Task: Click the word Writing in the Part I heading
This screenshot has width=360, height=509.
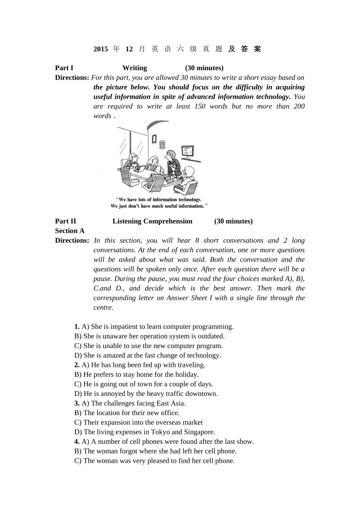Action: click(x=135, y=68)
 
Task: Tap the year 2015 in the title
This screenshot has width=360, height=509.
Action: click(x=100, y=49)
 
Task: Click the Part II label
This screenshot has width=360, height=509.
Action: click(x=66, y=222)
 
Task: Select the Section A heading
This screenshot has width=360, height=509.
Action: click(x=70, y=231)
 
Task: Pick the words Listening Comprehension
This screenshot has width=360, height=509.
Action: click(x=152, y=222)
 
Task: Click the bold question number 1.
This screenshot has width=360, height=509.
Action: click(x=77, y=327)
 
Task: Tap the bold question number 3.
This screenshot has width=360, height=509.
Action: click(x=77, y=403)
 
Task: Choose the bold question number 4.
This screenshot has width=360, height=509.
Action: click(x=77, y=442)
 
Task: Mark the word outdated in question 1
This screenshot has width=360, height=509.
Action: click(x=211, y=336)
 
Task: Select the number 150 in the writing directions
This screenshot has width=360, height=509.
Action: click(x=200, y=106)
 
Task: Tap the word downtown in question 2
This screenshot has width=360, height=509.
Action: click(x=203, y=394)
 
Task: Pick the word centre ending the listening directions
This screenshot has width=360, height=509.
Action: click(x=103, y=308)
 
